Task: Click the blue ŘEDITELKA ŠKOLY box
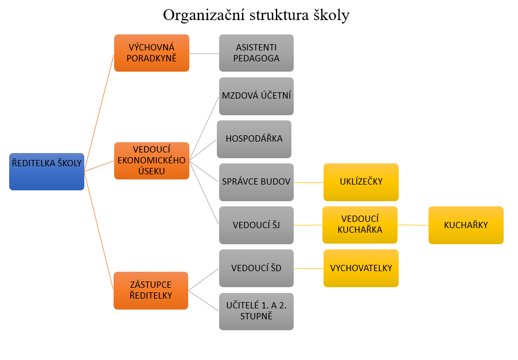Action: [x=46, y=171]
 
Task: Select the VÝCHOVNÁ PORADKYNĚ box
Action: [x=151, y=53]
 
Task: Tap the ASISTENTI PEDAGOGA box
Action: [x=256, y=53]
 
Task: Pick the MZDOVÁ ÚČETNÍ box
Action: [x=256, y=96]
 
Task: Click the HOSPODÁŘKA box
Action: [x=254, y=139]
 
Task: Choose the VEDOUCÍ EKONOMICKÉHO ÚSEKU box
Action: [x=151, y=161]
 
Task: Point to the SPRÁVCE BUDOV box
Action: [x=256, y=182]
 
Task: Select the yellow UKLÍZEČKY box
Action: [x=361, y=182]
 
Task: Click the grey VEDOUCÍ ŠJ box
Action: [x=256, y=225]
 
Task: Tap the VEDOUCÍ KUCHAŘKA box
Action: [x=360, y=225]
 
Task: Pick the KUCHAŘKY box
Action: [x=466, y=225]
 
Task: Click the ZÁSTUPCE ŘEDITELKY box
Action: [x=151, y=290]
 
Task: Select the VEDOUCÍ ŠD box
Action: [x=256, y=268]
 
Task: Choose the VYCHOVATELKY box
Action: [x=361, y=268]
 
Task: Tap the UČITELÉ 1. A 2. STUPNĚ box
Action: [x=256, y=311]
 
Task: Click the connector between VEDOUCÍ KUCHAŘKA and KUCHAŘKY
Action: [x=413, y=225]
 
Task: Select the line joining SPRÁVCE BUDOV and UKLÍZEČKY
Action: [x=309, y=182]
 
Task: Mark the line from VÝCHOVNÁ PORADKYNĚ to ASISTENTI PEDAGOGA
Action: [x=204, y=53]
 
